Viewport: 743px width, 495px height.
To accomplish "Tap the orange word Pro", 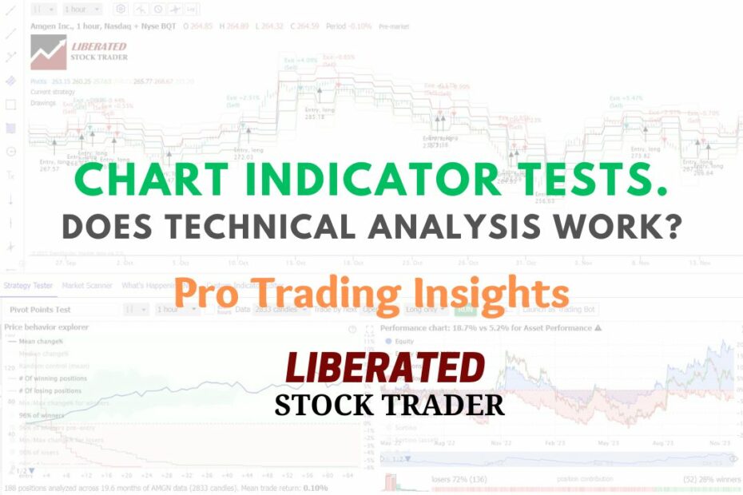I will [x=206, y=292].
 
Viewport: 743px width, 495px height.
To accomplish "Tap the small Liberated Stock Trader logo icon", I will [x=48, y=52].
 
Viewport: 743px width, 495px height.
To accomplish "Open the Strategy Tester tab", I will [x=28, y=285].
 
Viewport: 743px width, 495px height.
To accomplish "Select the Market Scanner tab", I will [x=87, y=285].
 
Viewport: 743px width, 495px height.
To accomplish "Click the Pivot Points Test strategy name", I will [x=40, y=309].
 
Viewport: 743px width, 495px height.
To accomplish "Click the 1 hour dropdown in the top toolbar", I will [x=83, y=9].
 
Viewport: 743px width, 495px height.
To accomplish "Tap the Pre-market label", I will [x=393, y=26].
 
